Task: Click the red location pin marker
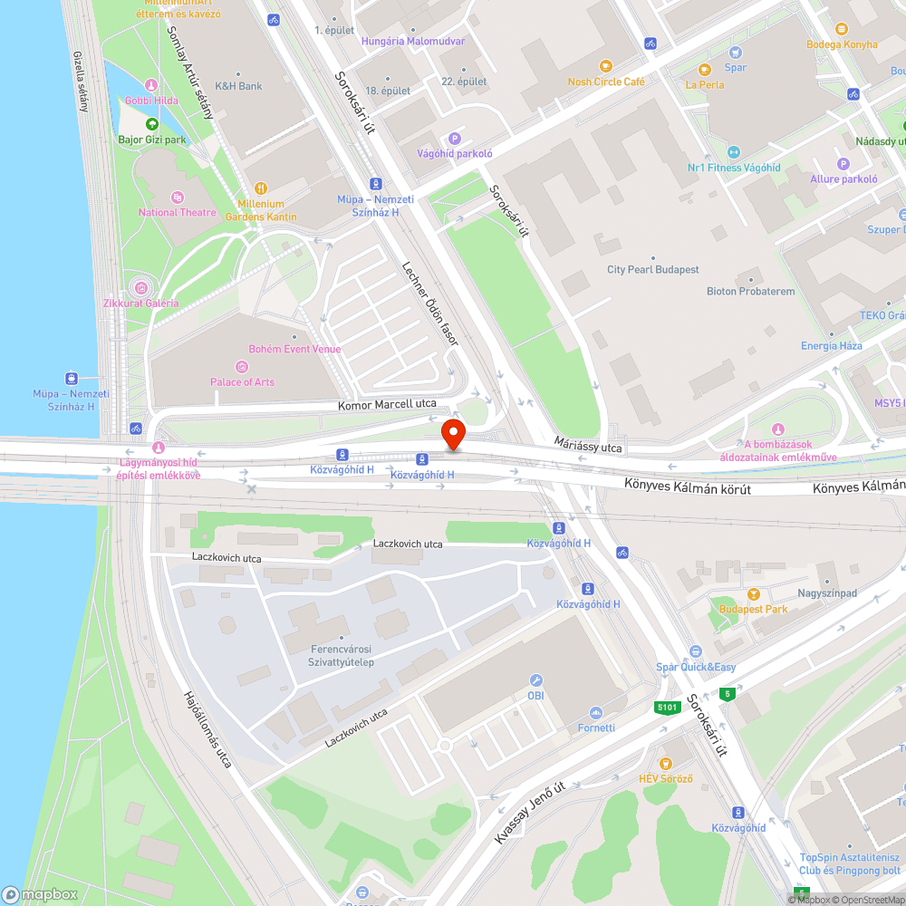pyautogui.click(x=452, y=435)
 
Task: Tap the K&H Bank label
pyautogui.click(x=238, y=86)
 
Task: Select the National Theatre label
pyautogui.click(x=178, y=213)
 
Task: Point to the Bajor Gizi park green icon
pyautogui.click(x=151, y=124)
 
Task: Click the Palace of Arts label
pyautogui.click(x=242, y=381)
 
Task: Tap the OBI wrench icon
pyautogui.click(x=535, y=680)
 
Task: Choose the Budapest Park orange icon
pyautogui.click(x=753, y=594)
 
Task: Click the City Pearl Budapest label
pyautogui.click(x=652, y=270)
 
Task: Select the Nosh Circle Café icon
pyautogui.click(x=605, y=66)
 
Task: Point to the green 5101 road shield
pyautogui.click(x=668, y=707)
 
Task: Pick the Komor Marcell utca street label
pyautogui.click(x=387, y=404)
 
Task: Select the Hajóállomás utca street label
pyautogui.click(x=207, y=729)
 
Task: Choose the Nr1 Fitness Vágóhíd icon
pyautogui.click(x=734, y=152)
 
